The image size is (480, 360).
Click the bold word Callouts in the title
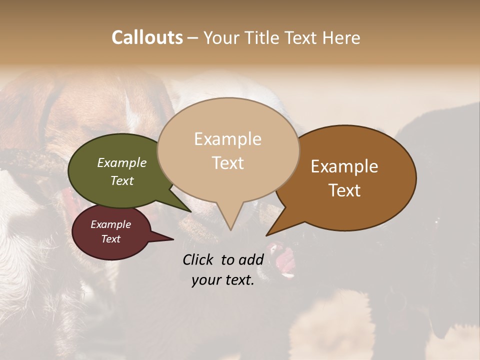(x=147, y=37)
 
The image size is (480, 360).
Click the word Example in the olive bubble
(x=122, y=163)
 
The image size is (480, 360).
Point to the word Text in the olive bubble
(x=122, y=181)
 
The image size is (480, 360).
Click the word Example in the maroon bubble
(x=110, y=224)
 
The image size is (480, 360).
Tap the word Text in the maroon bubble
(x=110, y=239)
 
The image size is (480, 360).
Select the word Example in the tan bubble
(x=227, y=139)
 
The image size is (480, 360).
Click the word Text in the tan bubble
(x=227, y=163)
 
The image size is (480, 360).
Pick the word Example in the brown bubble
(x=344, y=166)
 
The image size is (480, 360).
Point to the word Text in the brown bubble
(x=344, y=190)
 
